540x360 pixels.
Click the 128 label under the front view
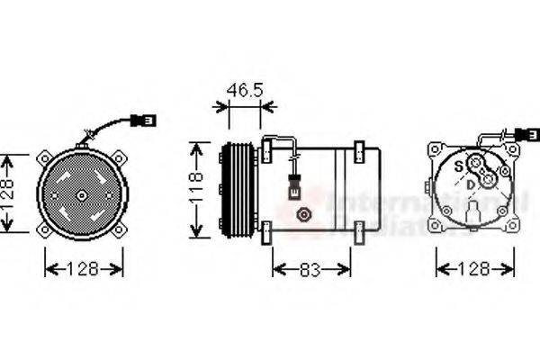point(84,268)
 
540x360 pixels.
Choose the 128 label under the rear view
point(473,268)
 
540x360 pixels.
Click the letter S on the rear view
point(457,166)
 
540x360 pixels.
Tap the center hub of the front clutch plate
point(82,195)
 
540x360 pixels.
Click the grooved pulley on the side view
point(236,191)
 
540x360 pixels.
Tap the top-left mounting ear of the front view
point(43,156)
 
